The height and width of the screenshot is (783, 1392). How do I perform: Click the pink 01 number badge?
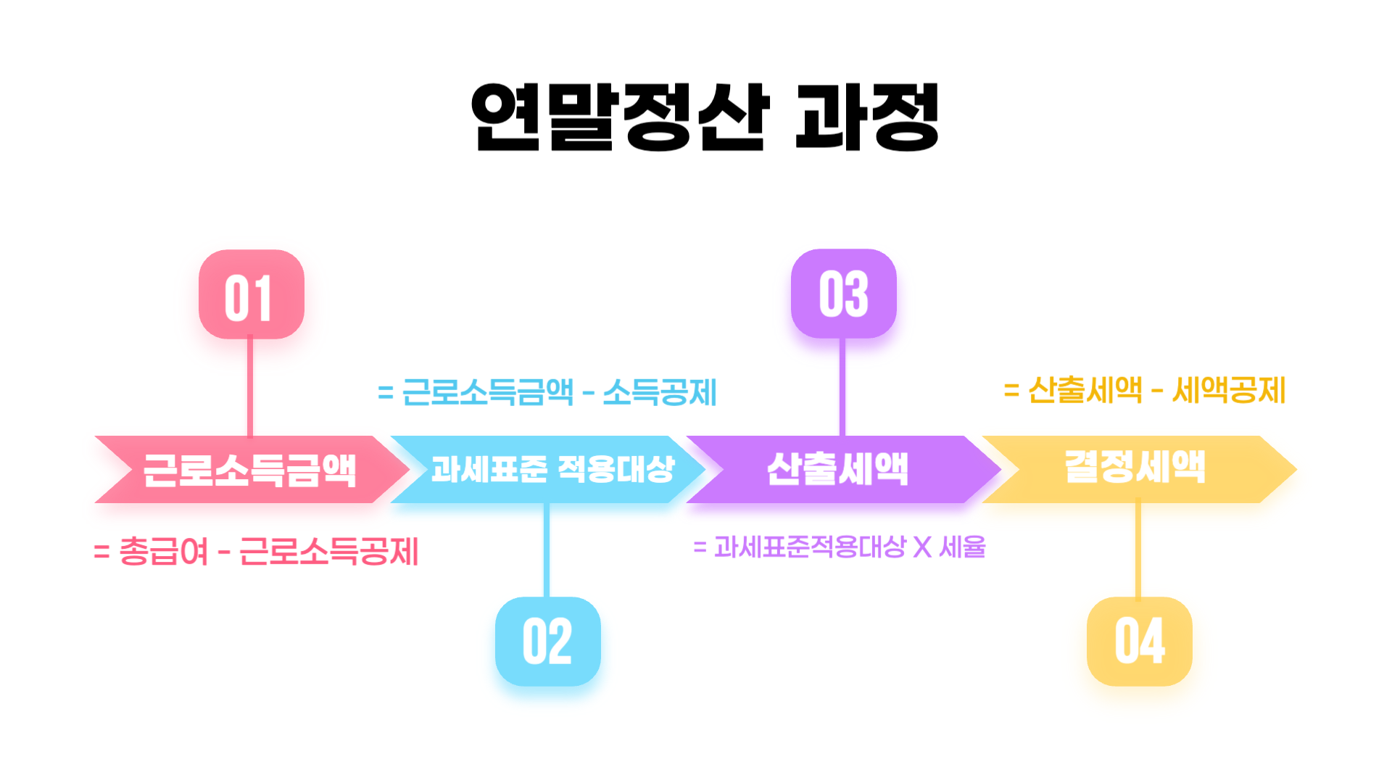(251, 294)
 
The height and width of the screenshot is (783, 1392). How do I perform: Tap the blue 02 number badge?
(547, 642)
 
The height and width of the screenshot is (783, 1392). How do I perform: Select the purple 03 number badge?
(843, 294)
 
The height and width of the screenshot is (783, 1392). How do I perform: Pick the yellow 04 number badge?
(1139, 642)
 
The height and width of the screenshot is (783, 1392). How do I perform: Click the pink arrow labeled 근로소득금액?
(250, 470)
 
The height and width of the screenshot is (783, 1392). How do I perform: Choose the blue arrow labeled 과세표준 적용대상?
(551, 470)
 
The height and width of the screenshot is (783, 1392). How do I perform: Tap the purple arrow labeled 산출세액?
(838, 470)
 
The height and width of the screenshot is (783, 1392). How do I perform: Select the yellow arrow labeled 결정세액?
(1135, 468)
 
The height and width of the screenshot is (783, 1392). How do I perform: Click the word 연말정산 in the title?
(620, 117)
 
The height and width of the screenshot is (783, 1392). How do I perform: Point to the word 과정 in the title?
(867, 117)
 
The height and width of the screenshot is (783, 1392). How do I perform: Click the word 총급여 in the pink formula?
(163, 552)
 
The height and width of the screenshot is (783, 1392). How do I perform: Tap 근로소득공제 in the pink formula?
(328, 552)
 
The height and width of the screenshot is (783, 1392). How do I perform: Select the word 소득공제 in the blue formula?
(660, 393)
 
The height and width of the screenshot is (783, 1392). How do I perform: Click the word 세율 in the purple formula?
(963, 547)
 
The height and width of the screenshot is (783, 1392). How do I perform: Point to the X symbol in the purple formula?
(922, 547)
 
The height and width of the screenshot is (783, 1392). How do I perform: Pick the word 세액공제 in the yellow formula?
(1229, 391)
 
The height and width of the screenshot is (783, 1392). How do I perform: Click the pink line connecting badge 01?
(250, 388)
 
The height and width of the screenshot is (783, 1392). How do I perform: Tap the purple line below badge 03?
(842, 388)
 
